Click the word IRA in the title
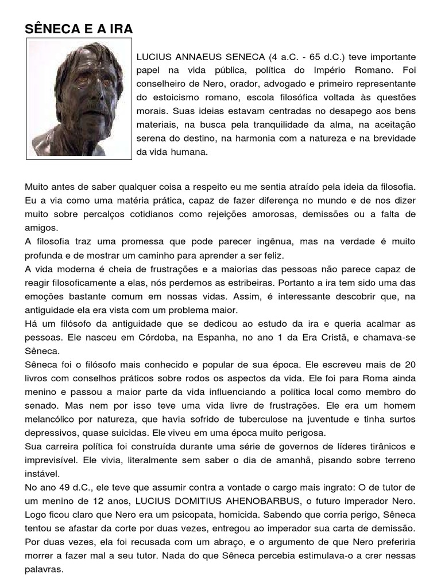pos(118,29)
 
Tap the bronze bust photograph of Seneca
pos(79,99)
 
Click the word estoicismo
pos(168,96)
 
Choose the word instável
pos(40,475)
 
